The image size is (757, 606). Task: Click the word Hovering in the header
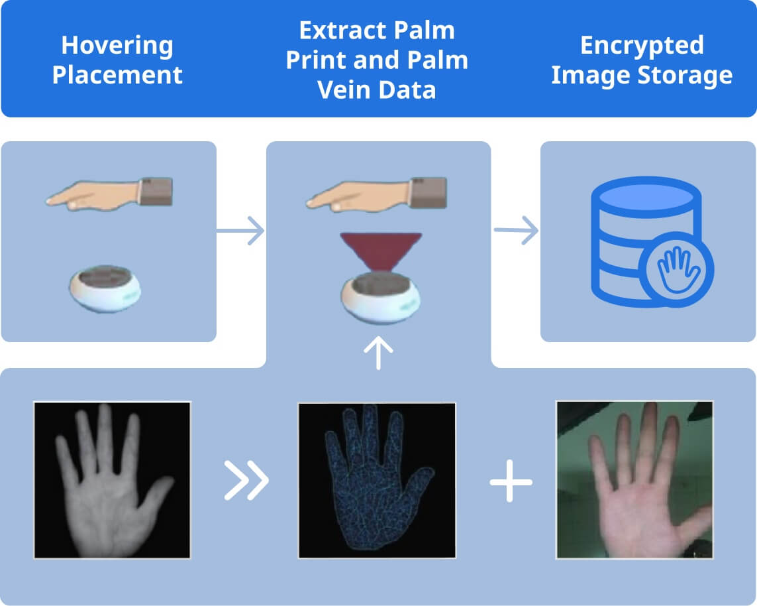click(117, 46)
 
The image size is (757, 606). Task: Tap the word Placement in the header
click(117, 75)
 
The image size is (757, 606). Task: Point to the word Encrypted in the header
click(642, 46)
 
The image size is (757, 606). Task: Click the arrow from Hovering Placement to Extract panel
click(240, 231)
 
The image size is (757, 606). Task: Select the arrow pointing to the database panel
click(516, 231)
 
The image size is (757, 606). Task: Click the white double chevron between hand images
click(246, 480)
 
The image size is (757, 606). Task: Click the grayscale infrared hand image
click(112, 479)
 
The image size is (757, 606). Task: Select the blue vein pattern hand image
click(377, 480)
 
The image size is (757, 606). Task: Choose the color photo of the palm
click(634, 479)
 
